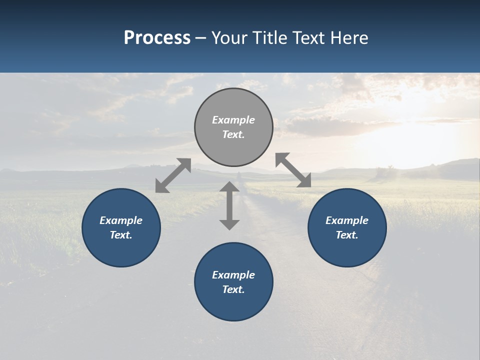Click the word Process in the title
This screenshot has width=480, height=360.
(x=157, y=38)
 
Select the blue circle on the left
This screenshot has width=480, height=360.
(x=121, y=250)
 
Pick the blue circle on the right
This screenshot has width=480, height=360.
(x=347, y=250)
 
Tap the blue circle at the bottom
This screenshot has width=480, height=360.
(x=233, y=305)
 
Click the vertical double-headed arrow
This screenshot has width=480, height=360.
(x=229, y=205)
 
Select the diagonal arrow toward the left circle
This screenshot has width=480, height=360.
(x=173, y=175)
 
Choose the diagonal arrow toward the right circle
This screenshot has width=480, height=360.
(x=293, y=170)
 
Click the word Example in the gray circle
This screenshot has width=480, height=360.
(x=233, y=120)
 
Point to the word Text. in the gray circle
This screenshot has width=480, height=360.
(x=233, y=134)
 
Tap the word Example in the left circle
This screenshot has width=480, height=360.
(x=121, y=220)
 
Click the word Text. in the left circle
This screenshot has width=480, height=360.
(x=121, y=235)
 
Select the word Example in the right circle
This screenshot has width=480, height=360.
(x=347, y=220)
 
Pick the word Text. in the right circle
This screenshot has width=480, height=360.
(x=347, y=235)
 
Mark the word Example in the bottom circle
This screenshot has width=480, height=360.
(x=233, y=275)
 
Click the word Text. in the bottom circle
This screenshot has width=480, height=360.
(x=233, y=289)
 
